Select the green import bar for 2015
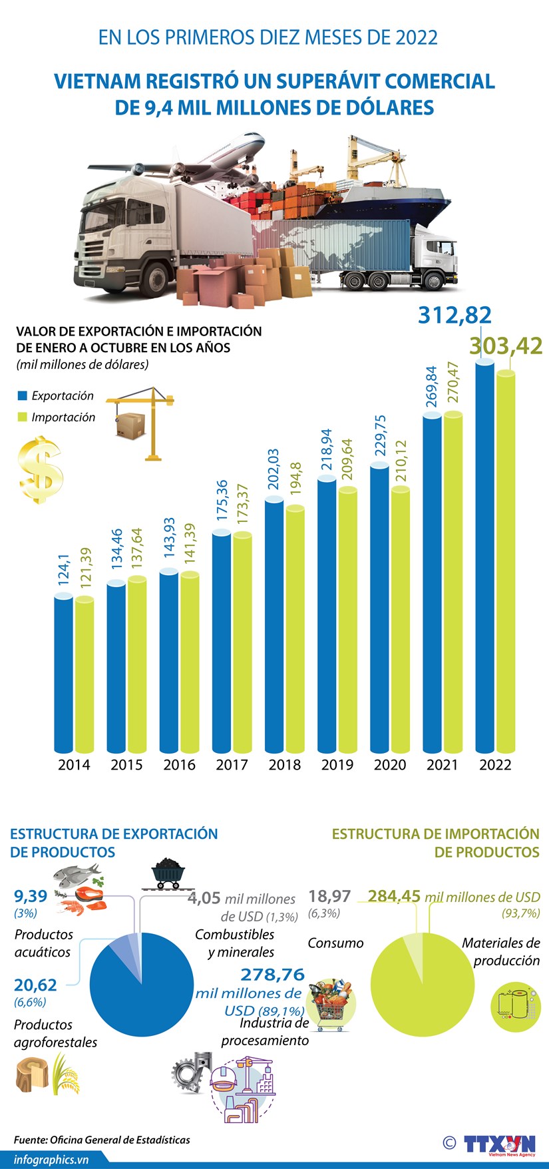pyautogui.click(x=137, y=666)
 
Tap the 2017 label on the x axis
pyautogui.click(x=232, y=765)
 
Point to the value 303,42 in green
pyautogui.click(x=506, y=346)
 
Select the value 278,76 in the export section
pyautogui.click(x=272, y=975)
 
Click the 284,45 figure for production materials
pyautogui.click(x=394, y=896)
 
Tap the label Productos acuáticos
pyautogui.click(x=43, y=943)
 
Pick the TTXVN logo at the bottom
pyautogui.click(x=499, y=1144)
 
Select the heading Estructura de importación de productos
pyautogui.click(x=436, y=842)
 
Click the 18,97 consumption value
pyautogui.click(x=329, y=896)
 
